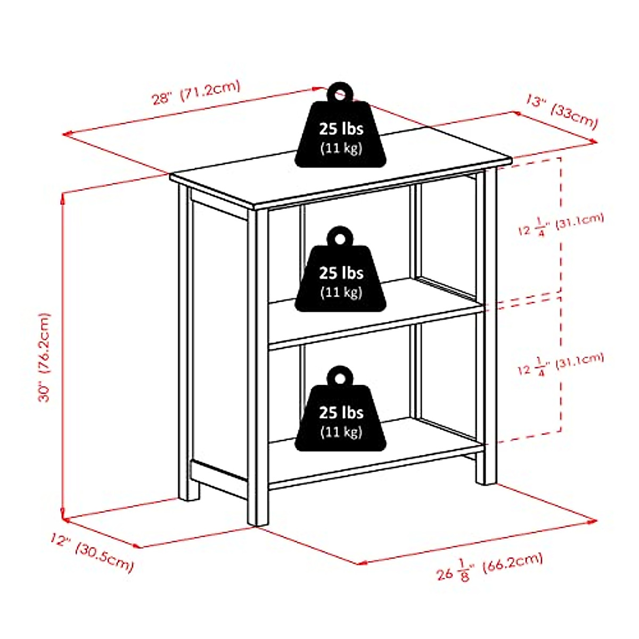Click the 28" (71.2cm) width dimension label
[x=196, y=92]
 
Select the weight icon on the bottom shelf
[x=341, y=412]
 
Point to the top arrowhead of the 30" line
[x=63, y=196]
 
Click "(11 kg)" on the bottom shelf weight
[x=341, y=431]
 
